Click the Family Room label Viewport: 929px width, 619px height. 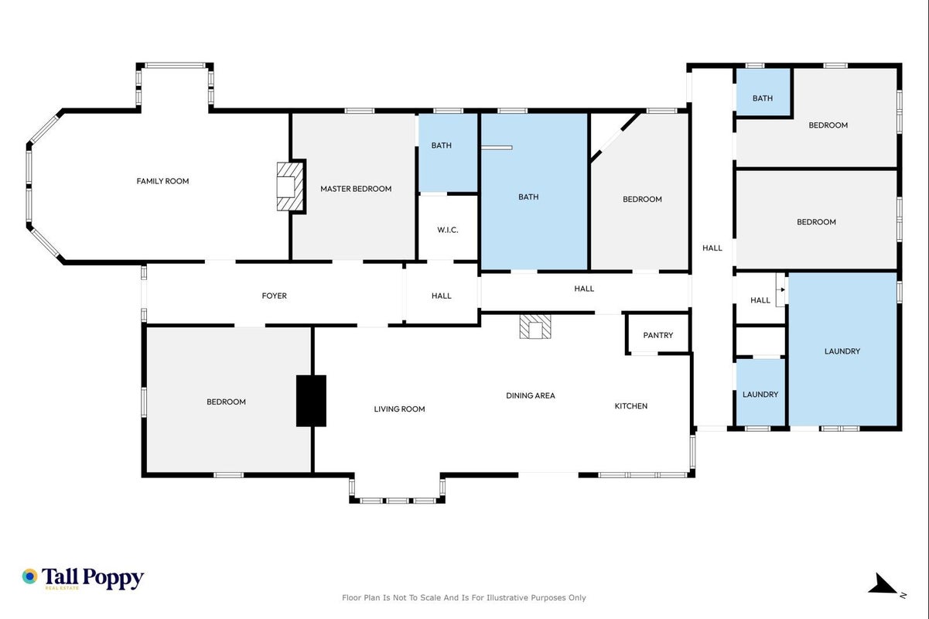[162, 181]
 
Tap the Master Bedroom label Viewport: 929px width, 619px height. [356, 190]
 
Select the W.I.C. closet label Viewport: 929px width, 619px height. [448, 230]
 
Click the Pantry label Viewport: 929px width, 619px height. [657, 335]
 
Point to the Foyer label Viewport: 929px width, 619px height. [274, 296]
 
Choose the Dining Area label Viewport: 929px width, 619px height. [531, 396]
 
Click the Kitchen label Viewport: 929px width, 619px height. [631, 406]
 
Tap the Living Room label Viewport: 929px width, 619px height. [399, 409]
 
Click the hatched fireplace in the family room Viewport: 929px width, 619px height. [290, 186]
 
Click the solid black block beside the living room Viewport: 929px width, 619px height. [311, 401]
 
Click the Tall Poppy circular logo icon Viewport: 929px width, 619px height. [30, 576]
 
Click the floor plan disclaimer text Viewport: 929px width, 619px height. [463, 598]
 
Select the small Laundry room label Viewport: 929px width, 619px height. [760, 395]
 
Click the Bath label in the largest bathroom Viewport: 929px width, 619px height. [528, 197]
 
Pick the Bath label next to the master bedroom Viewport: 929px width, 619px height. [441, 145]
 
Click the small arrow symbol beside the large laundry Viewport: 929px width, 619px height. [782, 290]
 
